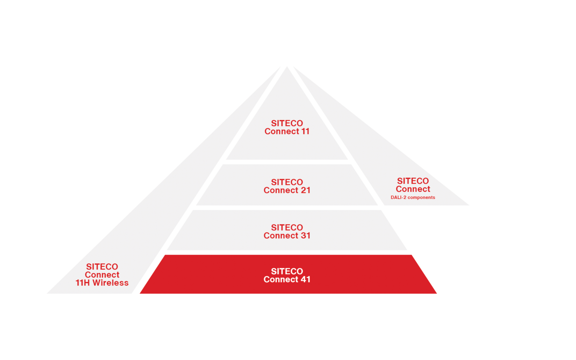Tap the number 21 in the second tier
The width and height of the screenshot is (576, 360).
tap(305, 190)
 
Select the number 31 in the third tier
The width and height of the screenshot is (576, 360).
tap(305, 235)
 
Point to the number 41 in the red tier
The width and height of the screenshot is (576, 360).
tap(305, 279)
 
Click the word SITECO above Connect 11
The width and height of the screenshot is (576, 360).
tap(287, 123)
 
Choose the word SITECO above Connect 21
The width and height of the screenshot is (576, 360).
tap(287, 182)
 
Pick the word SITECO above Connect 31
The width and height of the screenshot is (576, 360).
tap(287, 227)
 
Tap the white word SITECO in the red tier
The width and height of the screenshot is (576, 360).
tap(287, 271)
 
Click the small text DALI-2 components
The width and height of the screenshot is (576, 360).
tap(413, 197)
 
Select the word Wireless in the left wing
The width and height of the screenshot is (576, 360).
tap(110, 283)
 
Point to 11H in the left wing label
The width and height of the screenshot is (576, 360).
tap(82, 283)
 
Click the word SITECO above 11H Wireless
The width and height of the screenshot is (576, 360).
tap(102, 267)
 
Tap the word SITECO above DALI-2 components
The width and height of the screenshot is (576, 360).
tap(413, 181)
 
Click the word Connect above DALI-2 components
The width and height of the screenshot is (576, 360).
tap(413, 189)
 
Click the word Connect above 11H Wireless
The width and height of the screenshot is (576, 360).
tap(102, 275)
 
